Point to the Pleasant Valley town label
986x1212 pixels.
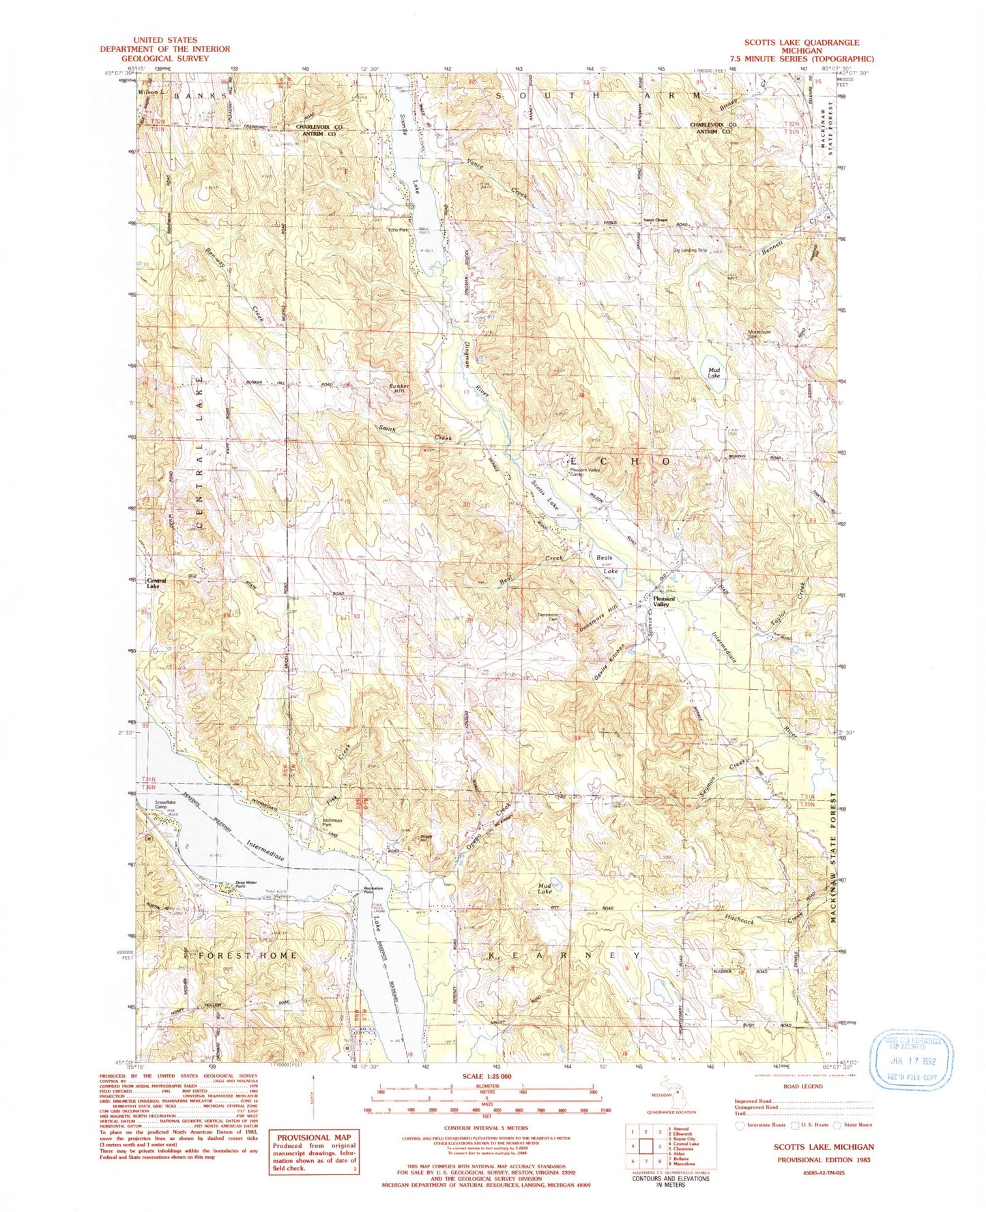tap(663, 602)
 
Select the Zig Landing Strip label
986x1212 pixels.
tap(690, 250)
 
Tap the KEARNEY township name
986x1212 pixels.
tap(564, 955)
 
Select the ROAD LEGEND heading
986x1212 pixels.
tap(802, 1086)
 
